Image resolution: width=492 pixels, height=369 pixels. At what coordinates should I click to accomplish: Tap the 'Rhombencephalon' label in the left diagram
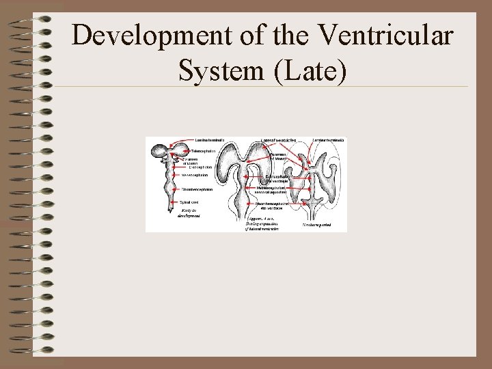tap(197, 189)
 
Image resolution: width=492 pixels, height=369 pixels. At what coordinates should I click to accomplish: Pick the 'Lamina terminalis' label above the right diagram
tap(329, 140)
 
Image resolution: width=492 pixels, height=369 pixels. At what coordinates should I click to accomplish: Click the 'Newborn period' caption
tap(318, 223)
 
